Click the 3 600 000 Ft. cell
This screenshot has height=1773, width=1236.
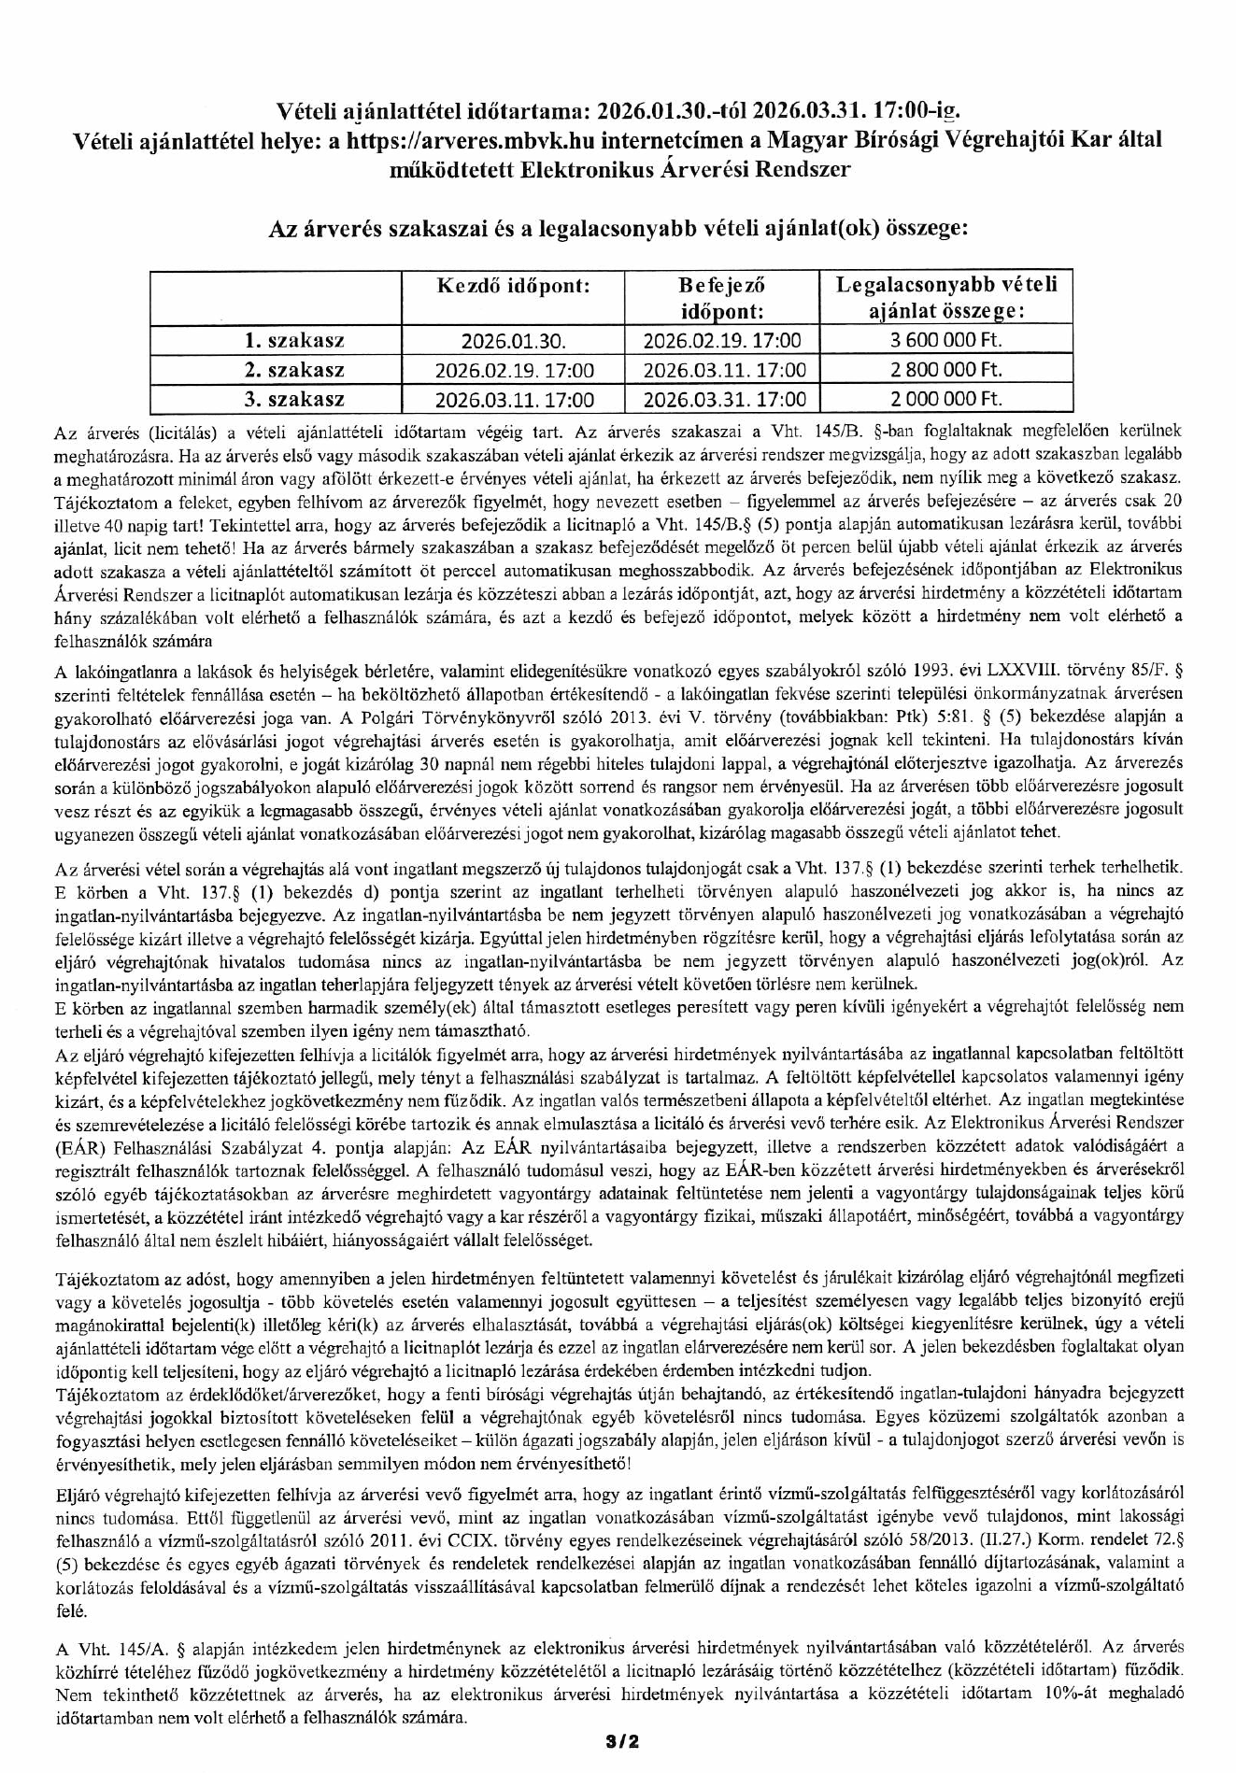tap(945, 339)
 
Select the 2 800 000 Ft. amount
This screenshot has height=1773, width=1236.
tap(945, 369)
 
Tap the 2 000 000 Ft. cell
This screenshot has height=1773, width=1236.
tap(945, 399)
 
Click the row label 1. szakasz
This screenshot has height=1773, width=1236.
tap(293, 339)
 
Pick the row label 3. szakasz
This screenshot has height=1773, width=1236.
tap(293, 399)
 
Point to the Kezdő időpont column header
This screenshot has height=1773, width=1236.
tap(513, 286)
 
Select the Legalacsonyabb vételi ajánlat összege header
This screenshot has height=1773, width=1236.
tap(945, 298)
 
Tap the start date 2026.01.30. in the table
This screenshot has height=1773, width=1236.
tap(513, 340)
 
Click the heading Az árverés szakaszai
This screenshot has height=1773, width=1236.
tap(617, 228)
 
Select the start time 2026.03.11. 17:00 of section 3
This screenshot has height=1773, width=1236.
tap(513, 400)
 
